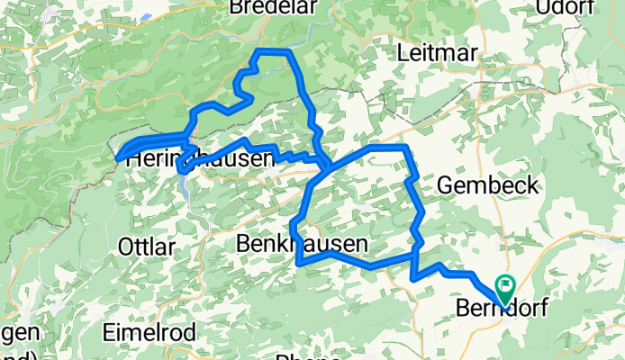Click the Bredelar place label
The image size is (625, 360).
(x=267, y=8)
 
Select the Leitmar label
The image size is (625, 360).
(x=438, y=53)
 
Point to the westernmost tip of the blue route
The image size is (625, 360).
(x=118, y=159)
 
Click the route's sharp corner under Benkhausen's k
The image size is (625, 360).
(x=298, y=264)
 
